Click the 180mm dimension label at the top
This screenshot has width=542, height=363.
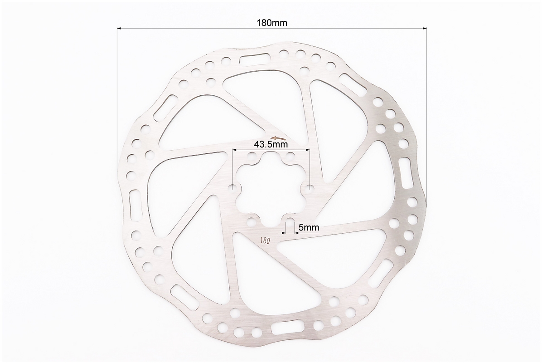click(272, 23)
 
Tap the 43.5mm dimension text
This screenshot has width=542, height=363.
click(271, 144)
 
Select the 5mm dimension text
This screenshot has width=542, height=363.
click(309, 227)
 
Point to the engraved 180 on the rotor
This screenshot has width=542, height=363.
click(265, 240)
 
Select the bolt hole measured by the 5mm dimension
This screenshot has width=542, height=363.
click(290, 221)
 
